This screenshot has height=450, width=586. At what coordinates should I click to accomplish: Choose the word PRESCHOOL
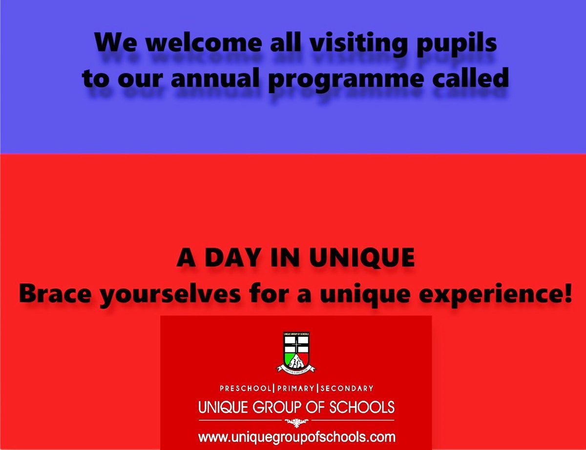244,389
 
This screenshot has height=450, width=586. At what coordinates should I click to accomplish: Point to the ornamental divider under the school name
296,420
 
